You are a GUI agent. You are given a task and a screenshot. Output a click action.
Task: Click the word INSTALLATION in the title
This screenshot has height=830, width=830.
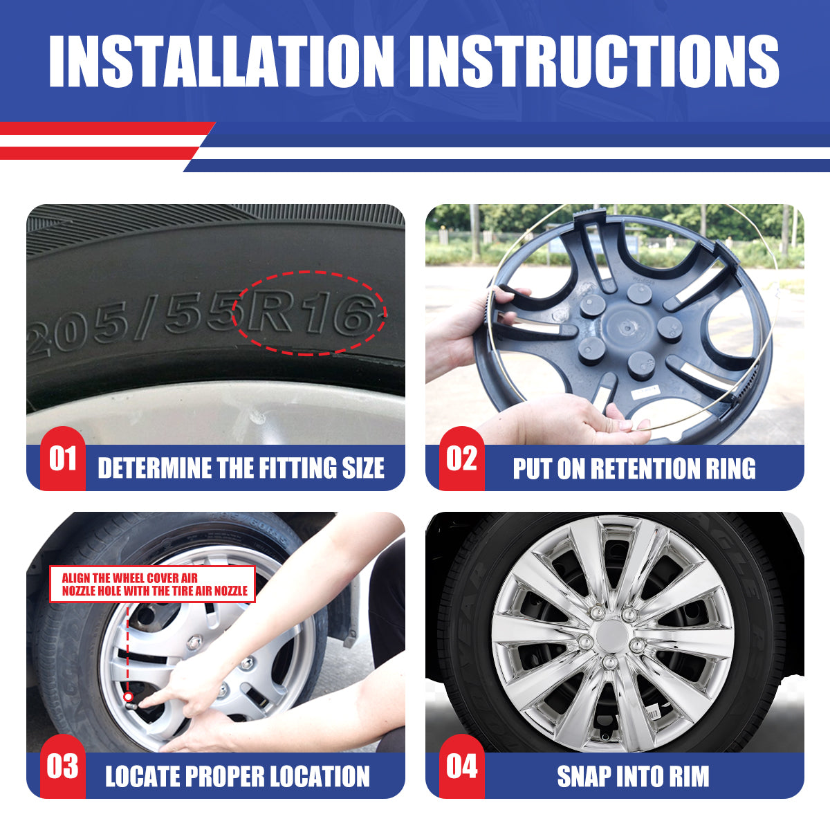221,61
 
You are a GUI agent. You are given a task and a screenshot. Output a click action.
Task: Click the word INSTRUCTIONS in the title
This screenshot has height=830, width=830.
594,61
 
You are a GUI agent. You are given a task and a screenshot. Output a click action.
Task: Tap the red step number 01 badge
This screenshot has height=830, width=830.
63,459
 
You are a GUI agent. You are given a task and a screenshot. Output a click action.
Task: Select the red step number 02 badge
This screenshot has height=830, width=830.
462,459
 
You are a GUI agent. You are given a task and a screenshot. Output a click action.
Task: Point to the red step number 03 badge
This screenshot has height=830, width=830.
63,766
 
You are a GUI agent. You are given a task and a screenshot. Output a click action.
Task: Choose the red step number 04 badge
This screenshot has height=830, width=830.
462,766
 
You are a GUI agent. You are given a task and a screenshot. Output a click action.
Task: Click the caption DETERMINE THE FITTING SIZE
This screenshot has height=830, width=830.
241,468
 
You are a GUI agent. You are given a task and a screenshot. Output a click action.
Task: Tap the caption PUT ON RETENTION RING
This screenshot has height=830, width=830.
634,468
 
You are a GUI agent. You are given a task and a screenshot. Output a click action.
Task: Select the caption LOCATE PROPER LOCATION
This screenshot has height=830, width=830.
237,777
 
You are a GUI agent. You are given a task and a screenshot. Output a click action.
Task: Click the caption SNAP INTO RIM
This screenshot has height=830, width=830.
633,777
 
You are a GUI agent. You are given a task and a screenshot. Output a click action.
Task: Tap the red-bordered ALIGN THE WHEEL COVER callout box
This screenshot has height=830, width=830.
152,584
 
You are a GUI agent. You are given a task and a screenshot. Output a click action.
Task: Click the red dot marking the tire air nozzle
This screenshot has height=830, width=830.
128,697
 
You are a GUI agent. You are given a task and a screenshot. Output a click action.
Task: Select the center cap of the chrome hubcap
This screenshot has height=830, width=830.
612,633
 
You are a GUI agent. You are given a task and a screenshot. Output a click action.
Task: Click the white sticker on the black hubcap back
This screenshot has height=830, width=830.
645,391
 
